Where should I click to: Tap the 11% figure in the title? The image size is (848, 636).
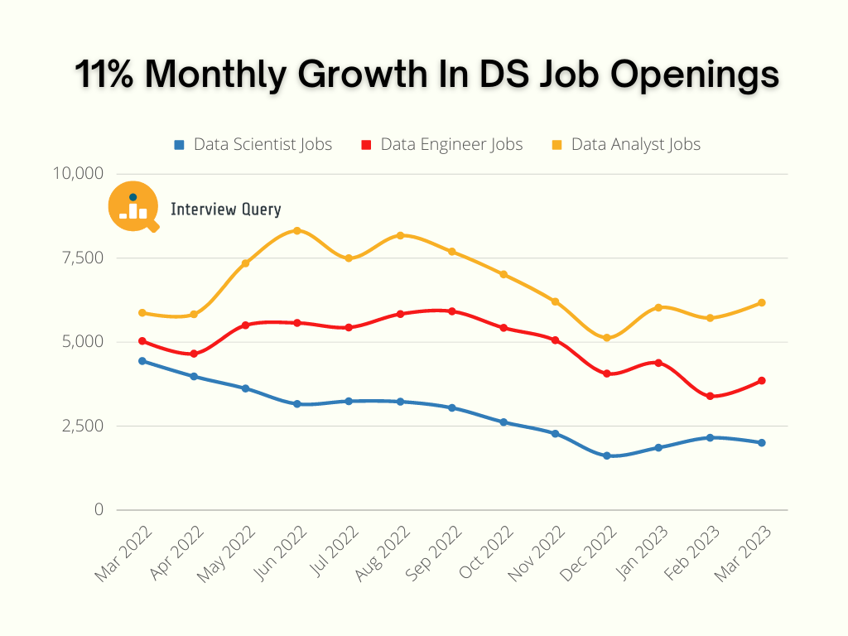(x=105, y=75)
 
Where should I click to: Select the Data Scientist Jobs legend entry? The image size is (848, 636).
(x=253, y=144)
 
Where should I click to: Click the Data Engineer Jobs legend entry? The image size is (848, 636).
(x=442, y=144)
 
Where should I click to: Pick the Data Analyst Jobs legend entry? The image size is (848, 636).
(x=627, y=144)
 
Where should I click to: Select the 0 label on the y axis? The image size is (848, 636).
(x=99, y=510)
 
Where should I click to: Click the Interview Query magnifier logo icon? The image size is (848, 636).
(x=133, y=206)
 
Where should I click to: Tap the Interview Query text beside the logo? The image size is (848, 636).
(x=225, y=210)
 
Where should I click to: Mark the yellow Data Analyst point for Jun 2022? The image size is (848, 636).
(x=297, y=230)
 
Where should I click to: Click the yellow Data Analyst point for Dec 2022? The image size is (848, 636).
(x=607, y=338)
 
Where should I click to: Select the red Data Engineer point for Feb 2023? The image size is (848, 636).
(x=710, y=396)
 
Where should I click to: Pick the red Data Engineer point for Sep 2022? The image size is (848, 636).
(x=451, y=311)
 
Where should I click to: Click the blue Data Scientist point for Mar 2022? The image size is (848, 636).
(x=142, y=361)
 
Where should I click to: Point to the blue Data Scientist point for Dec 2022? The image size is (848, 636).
(x=607, y=455)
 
